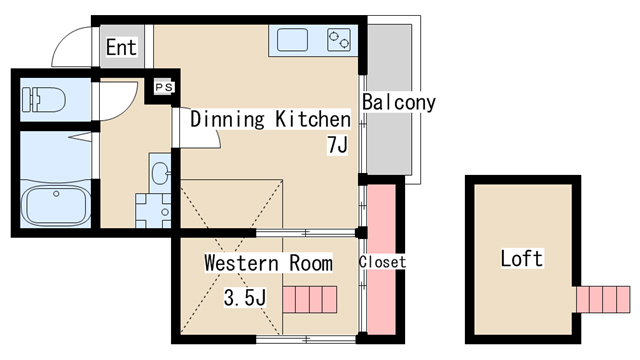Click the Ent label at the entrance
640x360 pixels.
tap(121, 47)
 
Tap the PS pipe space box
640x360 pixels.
tap(164, 87)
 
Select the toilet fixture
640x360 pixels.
tap(44, 100)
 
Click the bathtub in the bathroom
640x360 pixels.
tap(56, 205)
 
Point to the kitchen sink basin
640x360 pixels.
tap(292, 40)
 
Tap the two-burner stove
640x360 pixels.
tap(339, 40)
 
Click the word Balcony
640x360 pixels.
tap(399, 103)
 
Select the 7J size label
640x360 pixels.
tap(338, 144)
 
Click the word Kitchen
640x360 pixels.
tap(313, 119)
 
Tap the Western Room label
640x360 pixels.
tap(268, 263)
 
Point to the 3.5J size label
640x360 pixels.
tap(245, 298)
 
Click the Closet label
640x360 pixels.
tap(382, 262)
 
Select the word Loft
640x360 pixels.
tap(522, 258)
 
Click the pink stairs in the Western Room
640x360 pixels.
tap(310, 300)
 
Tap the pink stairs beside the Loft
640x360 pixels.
tap(603, 300)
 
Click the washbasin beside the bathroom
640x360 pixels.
tap(160, 173)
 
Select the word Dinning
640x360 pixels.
tap(227, 119)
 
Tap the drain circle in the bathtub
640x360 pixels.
tap(56, 194)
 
